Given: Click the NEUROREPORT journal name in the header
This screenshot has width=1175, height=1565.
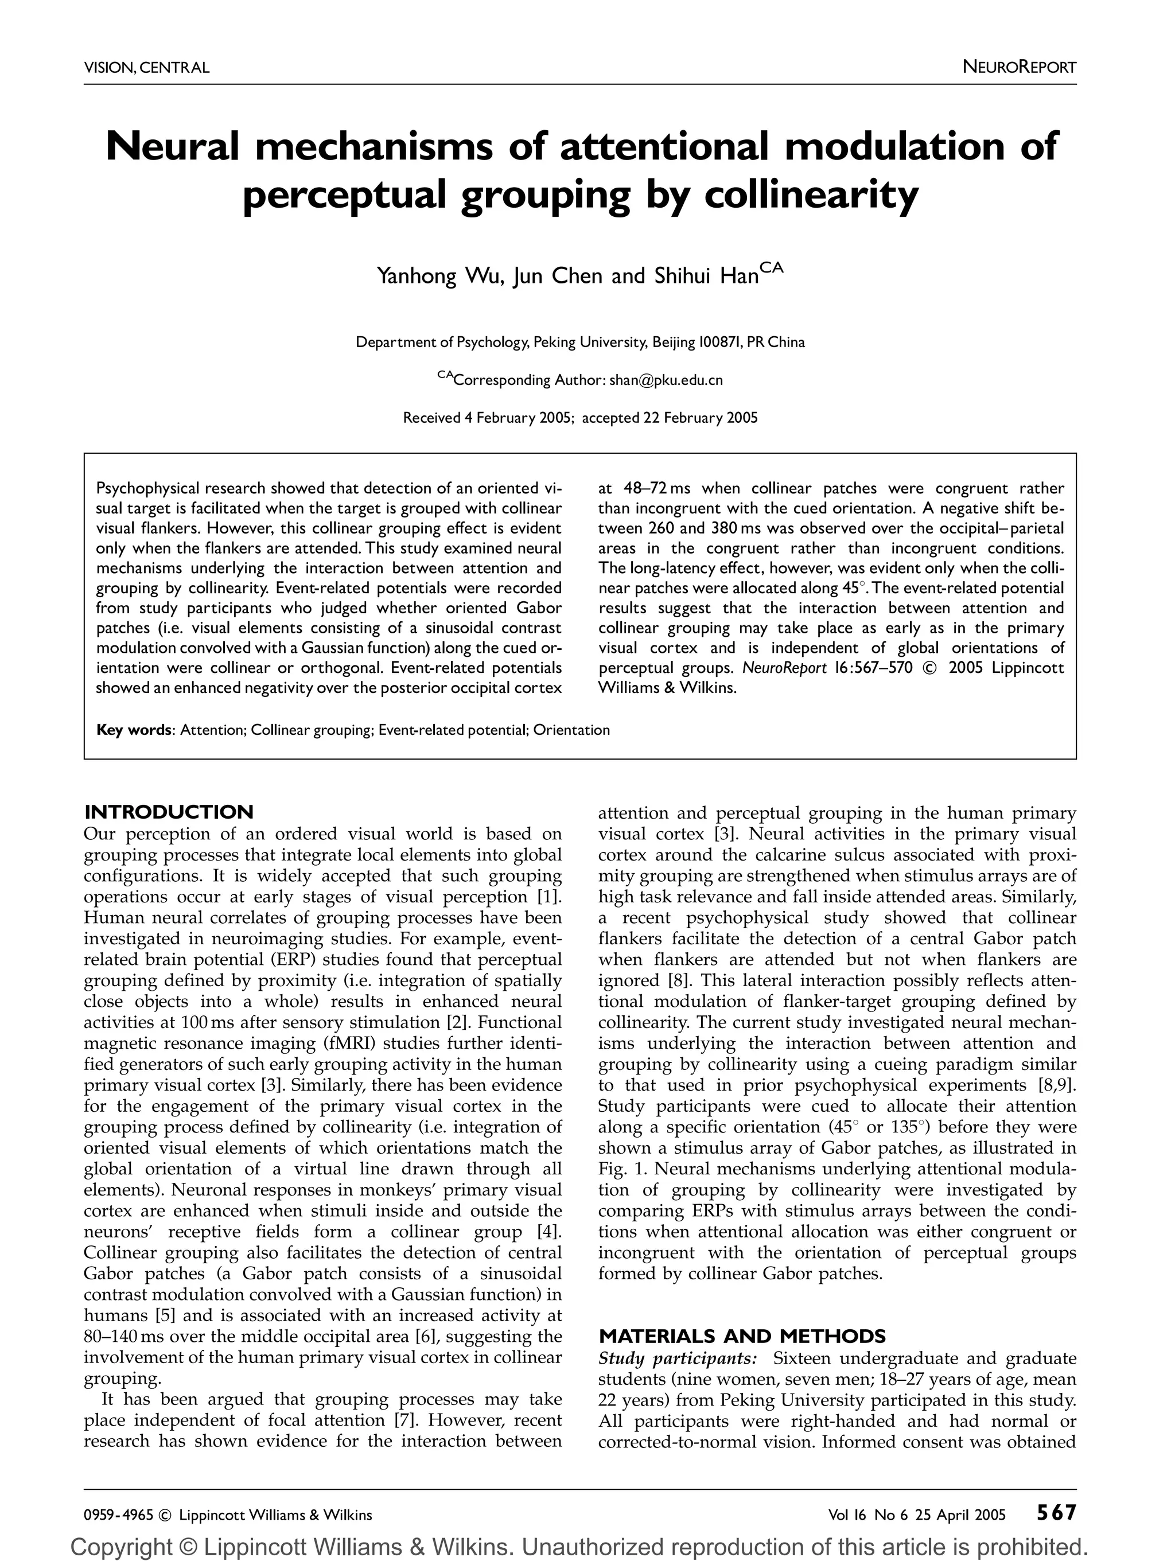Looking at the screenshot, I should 1019,68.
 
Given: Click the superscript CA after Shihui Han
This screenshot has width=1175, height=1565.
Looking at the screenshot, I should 772,267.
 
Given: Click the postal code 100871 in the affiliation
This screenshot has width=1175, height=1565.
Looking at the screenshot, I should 719,342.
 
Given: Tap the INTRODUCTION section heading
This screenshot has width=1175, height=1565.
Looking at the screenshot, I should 168,812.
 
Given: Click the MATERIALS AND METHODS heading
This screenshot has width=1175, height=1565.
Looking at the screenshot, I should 742,1337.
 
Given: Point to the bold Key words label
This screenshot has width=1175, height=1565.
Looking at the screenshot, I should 134,730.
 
